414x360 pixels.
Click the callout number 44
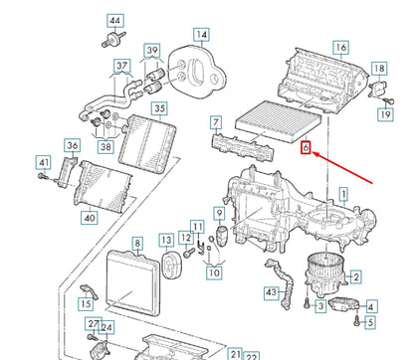coord(115,21)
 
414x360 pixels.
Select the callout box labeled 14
coord(201,35)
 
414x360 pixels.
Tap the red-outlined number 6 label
coord(306,148)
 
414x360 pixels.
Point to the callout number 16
coord(340,48)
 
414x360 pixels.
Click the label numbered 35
coord(159,108)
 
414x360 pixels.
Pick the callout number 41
coord(44,163)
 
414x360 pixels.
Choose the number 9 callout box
coord(219,213)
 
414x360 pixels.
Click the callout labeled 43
coord(272,292)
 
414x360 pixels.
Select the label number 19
coord(385,114)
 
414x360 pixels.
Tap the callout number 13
coord(166,240)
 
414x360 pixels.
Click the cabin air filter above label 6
coord(279,120)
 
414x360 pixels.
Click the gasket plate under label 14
coord(196,73)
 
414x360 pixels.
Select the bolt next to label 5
coord(357,321)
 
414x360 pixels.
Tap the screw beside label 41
coord(43,176)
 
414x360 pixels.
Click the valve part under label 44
coord(113,39)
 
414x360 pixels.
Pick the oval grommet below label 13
coord(171,265)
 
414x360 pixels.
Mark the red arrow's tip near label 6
coord(312,153)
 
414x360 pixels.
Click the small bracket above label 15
coord(89,290)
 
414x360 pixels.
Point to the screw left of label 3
coord(308,303)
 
